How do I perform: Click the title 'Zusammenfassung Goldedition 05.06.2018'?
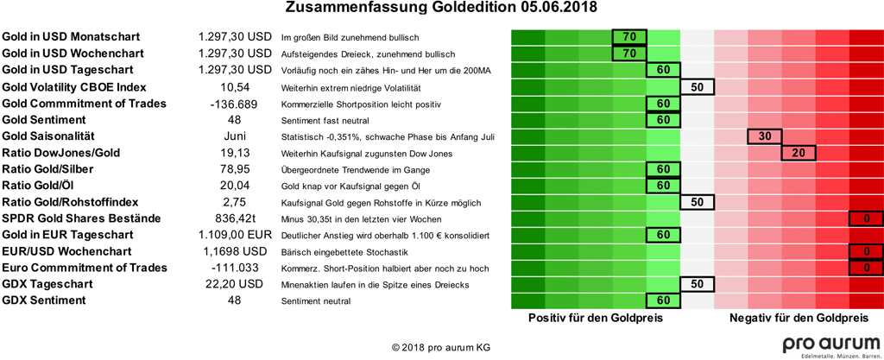(441, 9)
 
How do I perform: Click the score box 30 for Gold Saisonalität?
(764, 136)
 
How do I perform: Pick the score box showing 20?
(799, 153)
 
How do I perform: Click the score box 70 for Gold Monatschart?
(628, 37)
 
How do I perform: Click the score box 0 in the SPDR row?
(866, 218)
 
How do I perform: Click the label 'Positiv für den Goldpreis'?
(596, 319)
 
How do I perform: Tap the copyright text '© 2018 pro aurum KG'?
(441, 347)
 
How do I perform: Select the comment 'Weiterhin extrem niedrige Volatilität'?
(351, 88)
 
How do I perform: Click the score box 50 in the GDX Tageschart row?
(697, 284)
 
